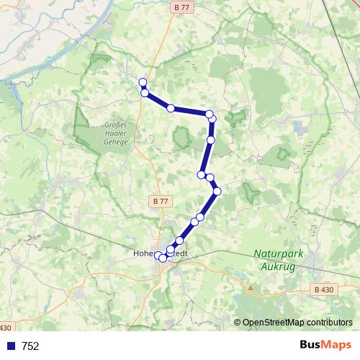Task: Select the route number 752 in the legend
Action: pos(31,346)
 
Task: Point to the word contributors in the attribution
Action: pos(328,323)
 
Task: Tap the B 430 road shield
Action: pos(324,289)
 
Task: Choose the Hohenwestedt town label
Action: pos(160,253)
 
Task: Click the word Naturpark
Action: pos(276,253)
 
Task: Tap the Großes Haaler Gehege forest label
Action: pos(115,133)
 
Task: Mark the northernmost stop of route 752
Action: pos(143,82)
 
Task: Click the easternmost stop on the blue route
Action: pos(217,191)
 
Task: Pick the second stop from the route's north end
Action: pos(145,93)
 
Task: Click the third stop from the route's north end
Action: pos(171,108)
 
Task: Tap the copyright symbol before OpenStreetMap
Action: pos(238,323)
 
